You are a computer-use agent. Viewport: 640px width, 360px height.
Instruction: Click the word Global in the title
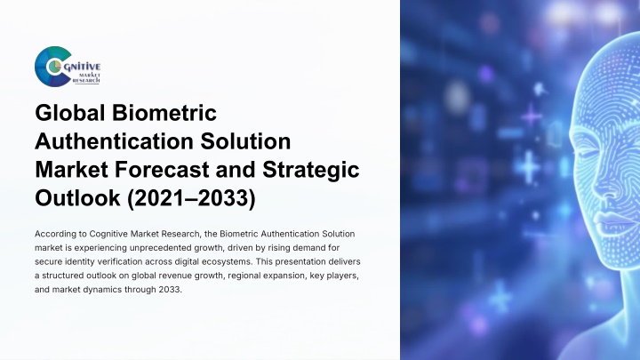point(70,113)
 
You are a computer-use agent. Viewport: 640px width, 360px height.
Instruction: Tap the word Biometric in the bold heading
point(164,113)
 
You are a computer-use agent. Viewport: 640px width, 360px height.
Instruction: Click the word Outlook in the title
point(78,198)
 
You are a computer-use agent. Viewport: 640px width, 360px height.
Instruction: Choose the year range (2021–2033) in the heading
point(191,199)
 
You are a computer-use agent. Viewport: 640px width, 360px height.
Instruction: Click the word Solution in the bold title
point(245,141)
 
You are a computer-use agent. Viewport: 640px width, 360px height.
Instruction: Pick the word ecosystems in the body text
point(224,261)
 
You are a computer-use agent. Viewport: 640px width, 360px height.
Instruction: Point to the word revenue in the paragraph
point(175,276)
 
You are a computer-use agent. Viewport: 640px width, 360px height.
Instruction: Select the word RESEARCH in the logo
point(85,81)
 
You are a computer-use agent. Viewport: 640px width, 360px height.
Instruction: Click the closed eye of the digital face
point(587,155)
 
